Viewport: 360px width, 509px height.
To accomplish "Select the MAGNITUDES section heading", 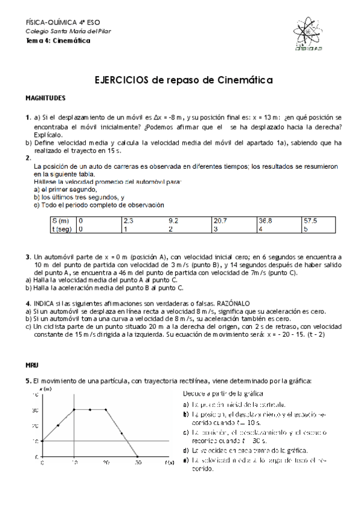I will (46, 97).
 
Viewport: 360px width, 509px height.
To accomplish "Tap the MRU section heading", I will (31, 364).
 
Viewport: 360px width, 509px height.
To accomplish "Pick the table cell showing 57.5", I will (310, 221).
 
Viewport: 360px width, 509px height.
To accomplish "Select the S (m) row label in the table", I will (61, 221).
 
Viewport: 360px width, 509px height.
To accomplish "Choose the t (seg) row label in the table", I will (62, 229).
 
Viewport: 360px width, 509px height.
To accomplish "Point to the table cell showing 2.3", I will (128, 221).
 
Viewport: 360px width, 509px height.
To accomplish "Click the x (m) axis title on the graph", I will (46, 390).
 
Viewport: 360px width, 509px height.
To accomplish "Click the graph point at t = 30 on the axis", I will (137, 457).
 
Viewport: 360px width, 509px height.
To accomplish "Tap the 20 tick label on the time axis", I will (105, 463).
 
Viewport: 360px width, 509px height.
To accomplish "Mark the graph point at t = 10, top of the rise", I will (74, 409).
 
